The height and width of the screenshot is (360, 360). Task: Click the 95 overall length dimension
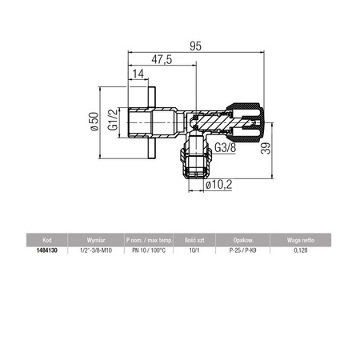[194, 46]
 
